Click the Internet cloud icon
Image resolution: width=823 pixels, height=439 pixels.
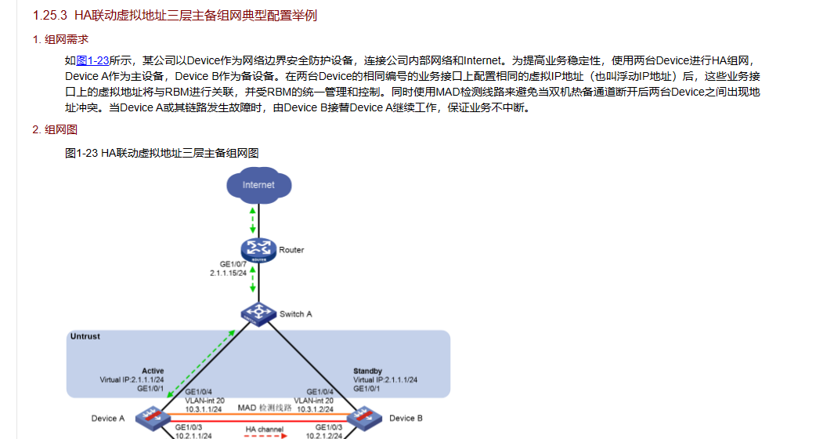(258, 185)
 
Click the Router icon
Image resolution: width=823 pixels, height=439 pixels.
(255, 250)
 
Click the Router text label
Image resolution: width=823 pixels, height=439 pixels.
(291, 250)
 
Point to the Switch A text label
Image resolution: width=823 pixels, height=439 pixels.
(296, 314)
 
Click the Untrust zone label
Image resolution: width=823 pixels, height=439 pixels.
(85, 336)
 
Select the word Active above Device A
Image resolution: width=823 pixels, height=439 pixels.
(153, 371)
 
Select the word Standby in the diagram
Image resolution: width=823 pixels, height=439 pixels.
(368, 371)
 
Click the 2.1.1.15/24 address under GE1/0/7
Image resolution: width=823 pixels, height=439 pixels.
(229, 273)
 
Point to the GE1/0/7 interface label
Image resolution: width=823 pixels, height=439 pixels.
(233, 264)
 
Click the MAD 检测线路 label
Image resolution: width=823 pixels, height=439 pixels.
(264, 408)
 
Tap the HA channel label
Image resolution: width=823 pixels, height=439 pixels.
(264, 430)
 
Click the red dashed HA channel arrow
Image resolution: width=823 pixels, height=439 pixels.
(264, 437)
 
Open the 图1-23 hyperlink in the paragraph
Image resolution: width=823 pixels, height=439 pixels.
(92, 60)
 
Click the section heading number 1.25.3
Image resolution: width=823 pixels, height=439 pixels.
(49, 16)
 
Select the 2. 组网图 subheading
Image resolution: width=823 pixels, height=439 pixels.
(55, 129)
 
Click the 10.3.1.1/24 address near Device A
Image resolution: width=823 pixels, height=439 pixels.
(204, 408)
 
